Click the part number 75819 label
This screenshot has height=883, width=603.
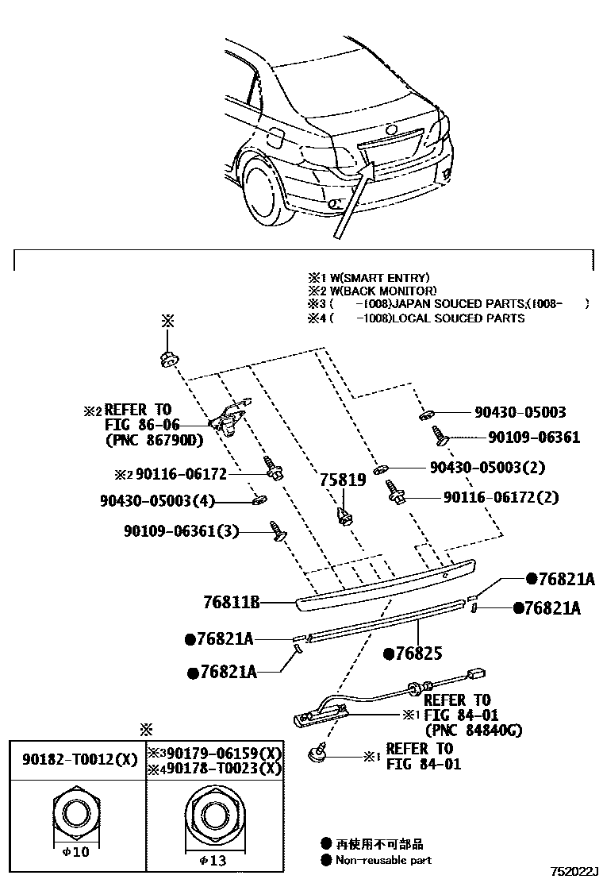click(x=343, y=480)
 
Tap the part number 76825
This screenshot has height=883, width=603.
click(x=413, y=654)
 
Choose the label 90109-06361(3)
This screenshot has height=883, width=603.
click(x=181, y=531)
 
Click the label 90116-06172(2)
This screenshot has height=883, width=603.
click(x=501, y=497)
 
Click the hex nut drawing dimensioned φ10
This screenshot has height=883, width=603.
click(x=77, y=817)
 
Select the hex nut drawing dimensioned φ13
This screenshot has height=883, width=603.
click(x=212, y=817)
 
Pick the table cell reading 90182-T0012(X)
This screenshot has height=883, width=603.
click(x=78, y=758)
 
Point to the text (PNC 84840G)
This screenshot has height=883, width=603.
click(x=474, y=731)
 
